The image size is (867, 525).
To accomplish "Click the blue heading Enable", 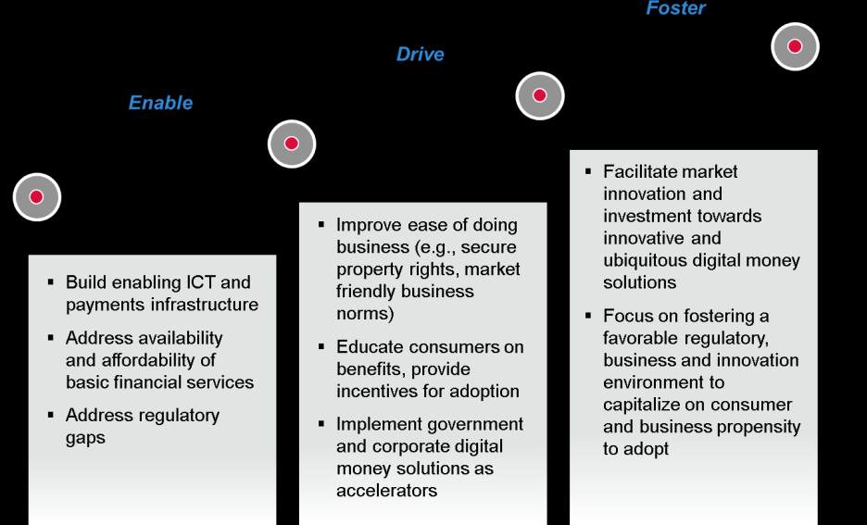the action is tap(160, 103).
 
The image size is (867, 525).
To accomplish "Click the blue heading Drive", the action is tap(421, 54).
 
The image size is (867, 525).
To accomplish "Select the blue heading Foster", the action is tap(675, 8).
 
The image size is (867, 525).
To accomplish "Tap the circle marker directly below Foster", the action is tap(795, 46).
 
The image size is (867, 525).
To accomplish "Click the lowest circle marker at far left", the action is tap(36, 196).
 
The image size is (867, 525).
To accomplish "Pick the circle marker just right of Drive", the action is tap(540, 95).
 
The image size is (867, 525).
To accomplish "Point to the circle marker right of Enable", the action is tap(292, 144).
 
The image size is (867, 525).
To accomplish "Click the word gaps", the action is tap(85, 438).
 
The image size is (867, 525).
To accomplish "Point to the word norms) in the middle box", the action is tap(365, 313).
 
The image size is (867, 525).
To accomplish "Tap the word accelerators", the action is tap(386, 491).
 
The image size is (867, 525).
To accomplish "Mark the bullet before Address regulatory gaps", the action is tap(51, 415).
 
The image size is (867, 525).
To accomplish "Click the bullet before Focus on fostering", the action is tap(588, 315).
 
